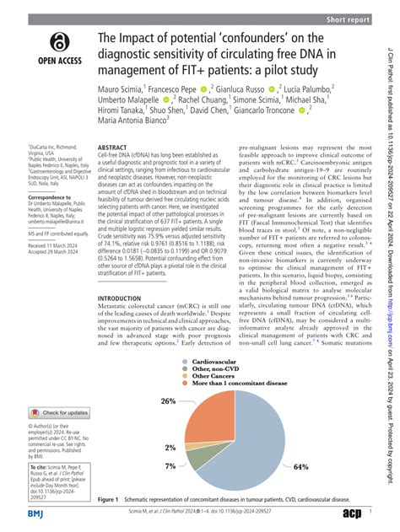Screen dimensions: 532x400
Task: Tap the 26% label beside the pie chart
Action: [x=169, y=400]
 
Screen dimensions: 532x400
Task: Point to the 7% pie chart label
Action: [x=171, y=466]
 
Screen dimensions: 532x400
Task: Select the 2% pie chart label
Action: [x=171, y=448]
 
